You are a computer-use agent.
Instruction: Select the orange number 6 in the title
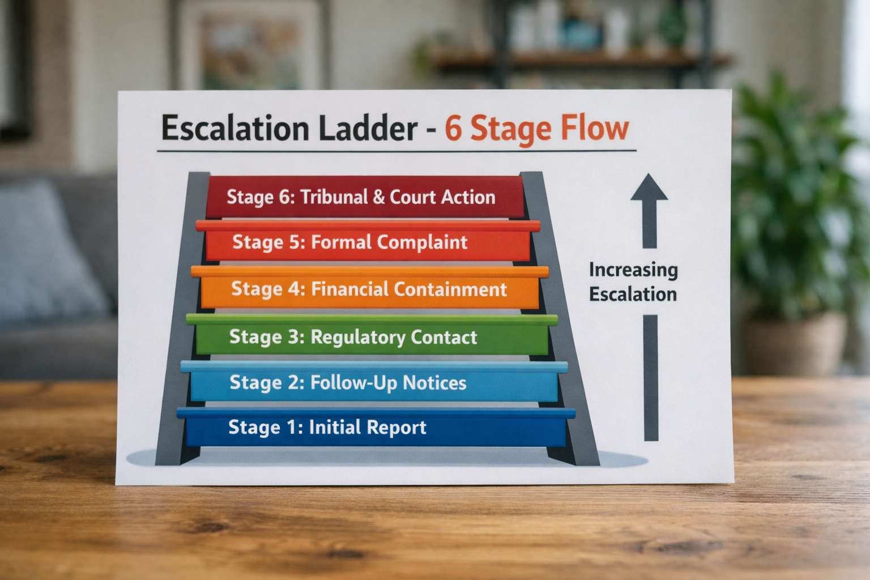coord(453,128)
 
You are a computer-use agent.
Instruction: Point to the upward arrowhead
coord(649,189)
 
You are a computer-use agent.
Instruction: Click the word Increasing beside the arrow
coord(633,270)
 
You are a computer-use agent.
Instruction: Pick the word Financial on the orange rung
coord(349,289)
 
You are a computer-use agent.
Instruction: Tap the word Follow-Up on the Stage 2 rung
coord(353,383)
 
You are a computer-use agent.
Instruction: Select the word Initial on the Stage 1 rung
coord(334,427)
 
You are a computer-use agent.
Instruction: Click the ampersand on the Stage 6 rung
coord(378,197)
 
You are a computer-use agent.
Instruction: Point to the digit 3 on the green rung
coord(293,337)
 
